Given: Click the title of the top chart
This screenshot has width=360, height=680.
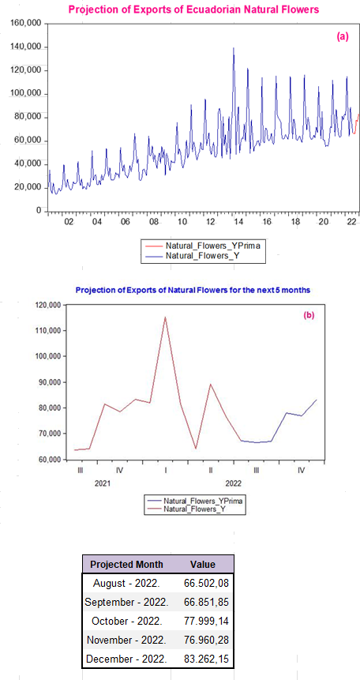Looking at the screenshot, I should (193, 9).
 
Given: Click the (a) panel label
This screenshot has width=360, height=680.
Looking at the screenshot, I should (342, 36).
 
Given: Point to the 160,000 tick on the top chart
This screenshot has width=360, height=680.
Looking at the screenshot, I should (26, 24).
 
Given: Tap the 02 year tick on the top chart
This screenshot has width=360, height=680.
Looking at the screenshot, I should (69, 222).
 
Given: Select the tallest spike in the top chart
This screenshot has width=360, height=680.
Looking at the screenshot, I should (233, 49).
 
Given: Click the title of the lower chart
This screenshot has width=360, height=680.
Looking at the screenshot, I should (193, 290).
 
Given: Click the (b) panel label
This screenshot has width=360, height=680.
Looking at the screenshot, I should (309, 315).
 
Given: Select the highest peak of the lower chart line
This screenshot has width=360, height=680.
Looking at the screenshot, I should (165, 317).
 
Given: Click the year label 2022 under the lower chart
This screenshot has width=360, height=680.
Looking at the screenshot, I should (234, 482).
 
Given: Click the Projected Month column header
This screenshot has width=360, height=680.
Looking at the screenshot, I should (127, 565).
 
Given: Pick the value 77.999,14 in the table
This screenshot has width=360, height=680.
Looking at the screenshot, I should (202, 620).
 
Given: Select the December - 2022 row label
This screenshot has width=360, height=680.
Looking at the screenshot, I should (126, 657).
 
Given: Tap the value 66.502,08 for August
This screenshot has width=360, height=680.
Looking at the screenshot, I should (202, 584).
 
